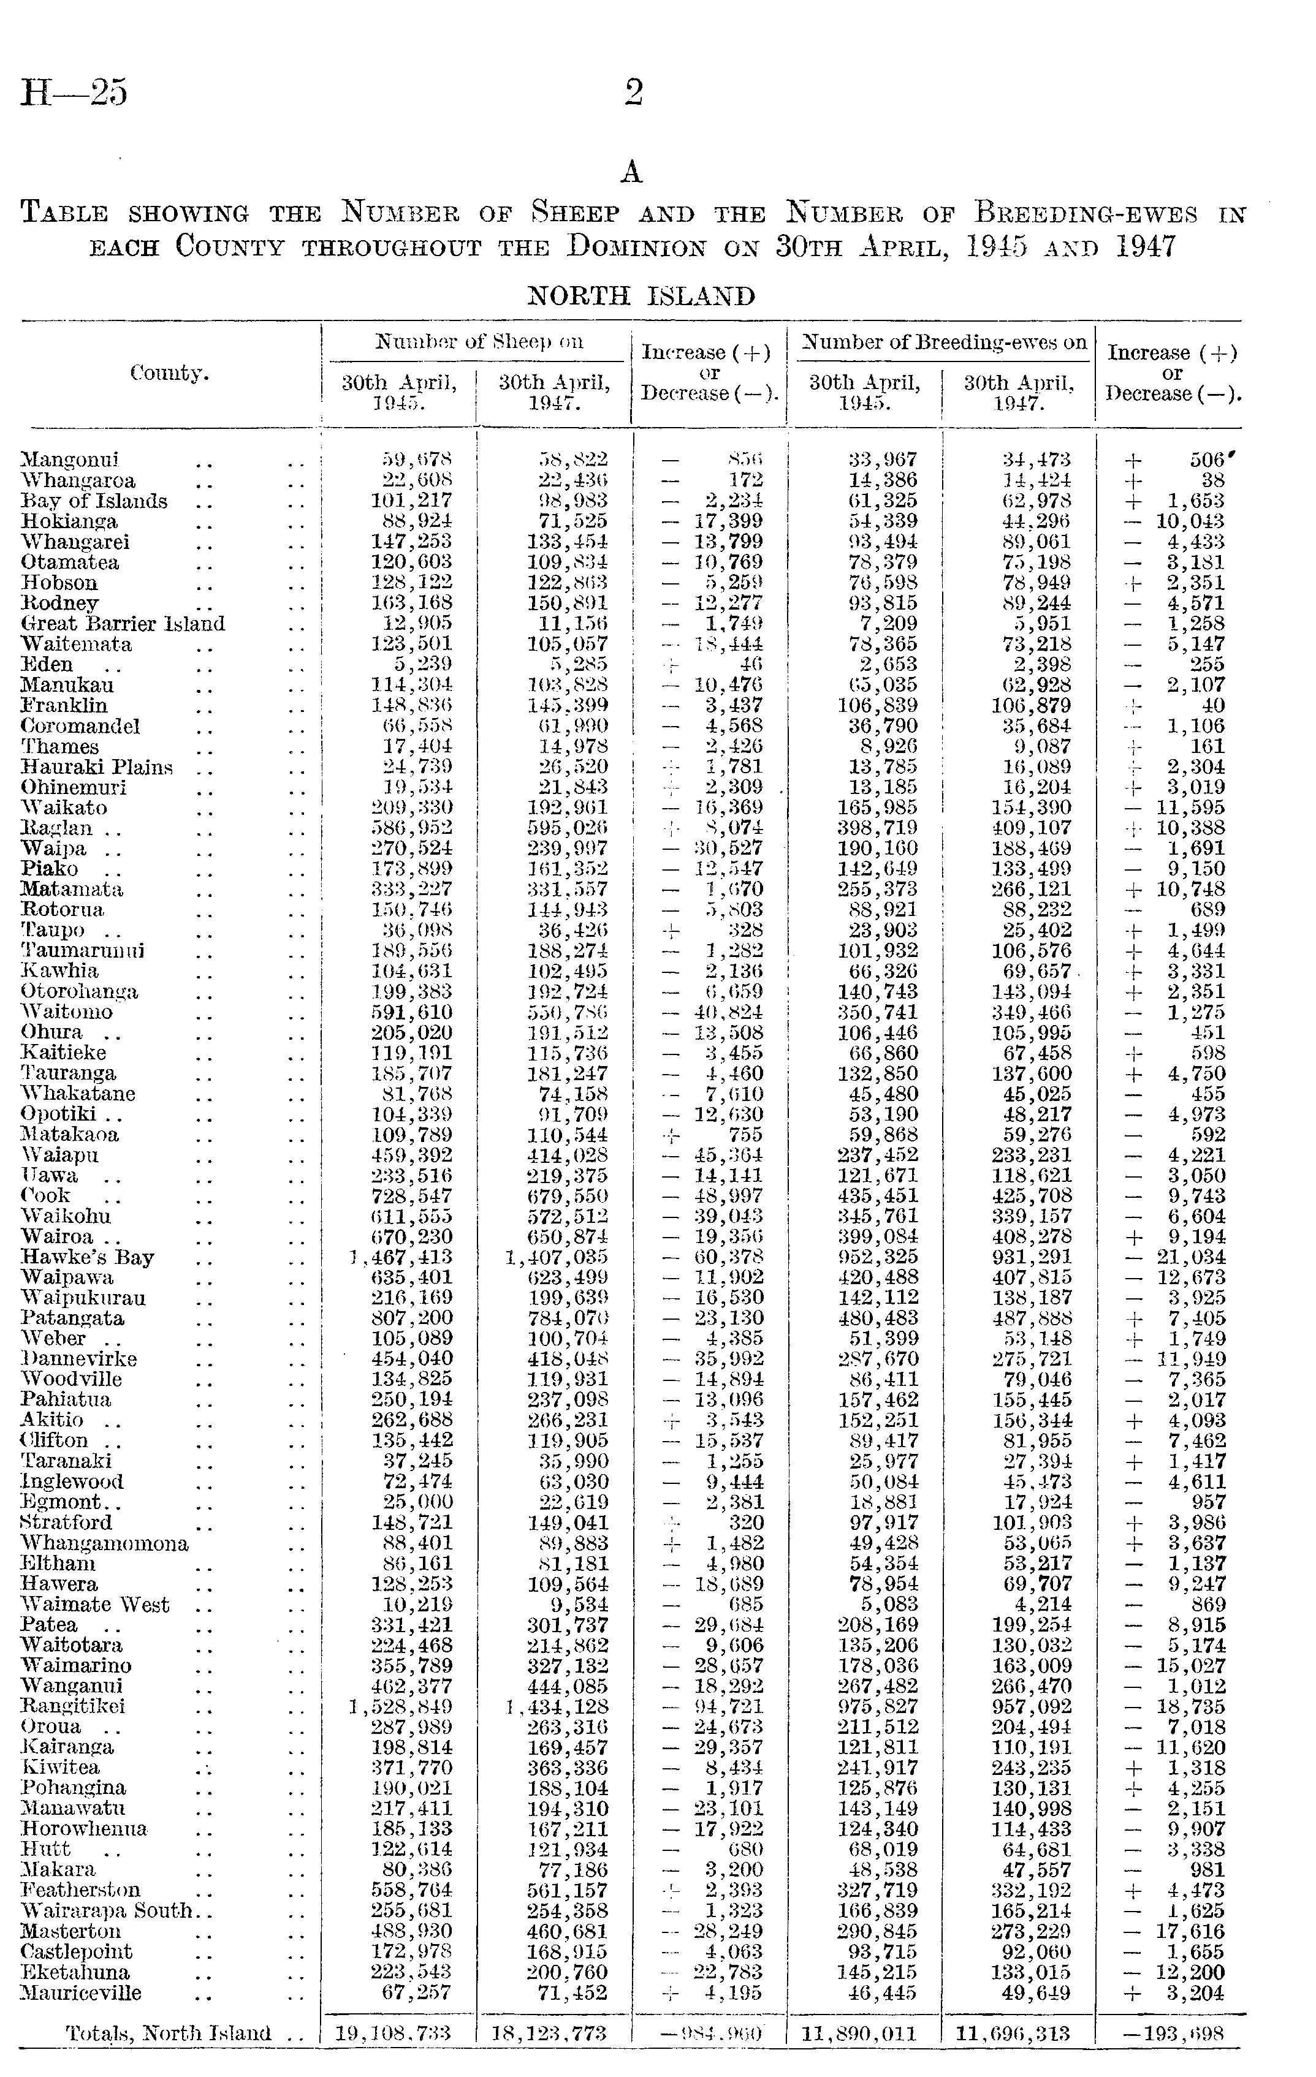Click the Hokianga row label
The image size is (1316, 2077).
(x=69, y=522)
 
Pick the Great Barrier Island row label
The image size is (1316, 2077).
(x=123, y=624)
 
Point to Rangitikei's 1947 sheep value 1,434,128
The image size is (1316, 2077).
(x=557, y=1706)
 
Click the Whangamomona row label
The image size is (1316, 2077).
(x=104, y=1543)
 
